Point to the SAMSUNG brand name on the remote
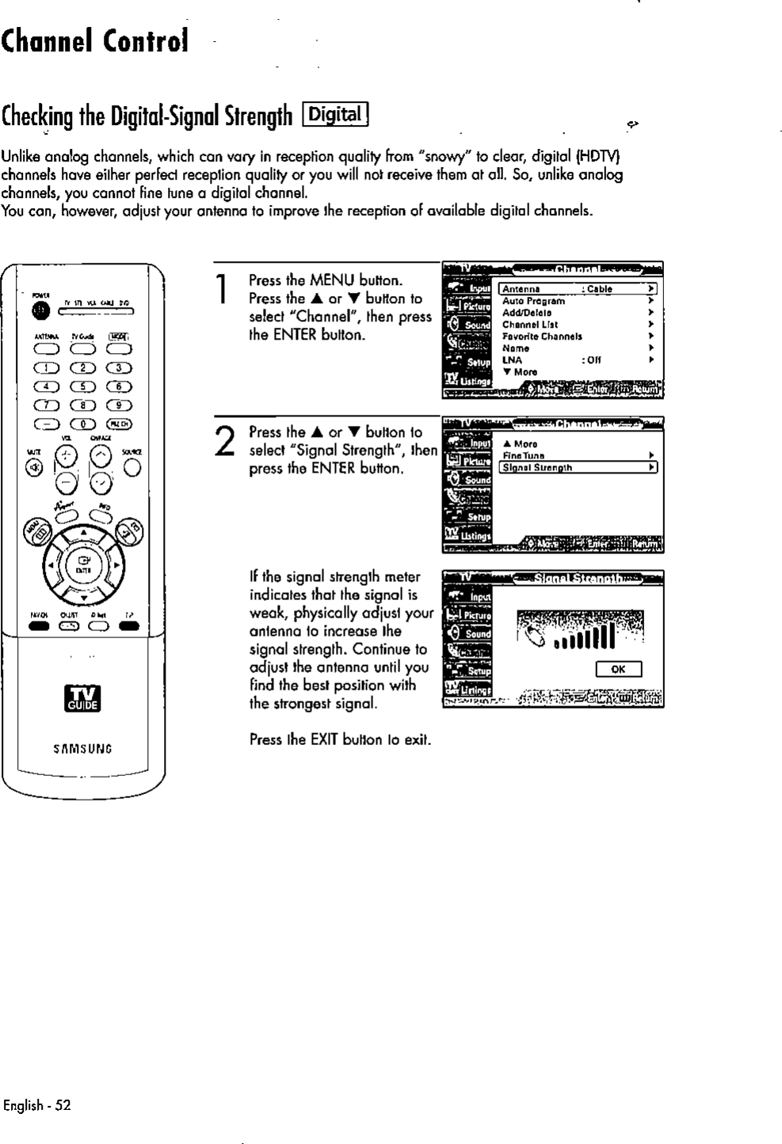[82, 747]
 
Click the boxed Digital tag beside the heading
[335, 116]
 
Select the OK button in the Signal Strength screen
[618, 670]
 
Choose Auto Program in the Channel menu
[534, 301]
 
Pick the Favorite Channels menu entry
[542, 336]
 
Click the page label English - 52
[36, 1106]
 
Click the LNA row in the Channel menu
[513, 359]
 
